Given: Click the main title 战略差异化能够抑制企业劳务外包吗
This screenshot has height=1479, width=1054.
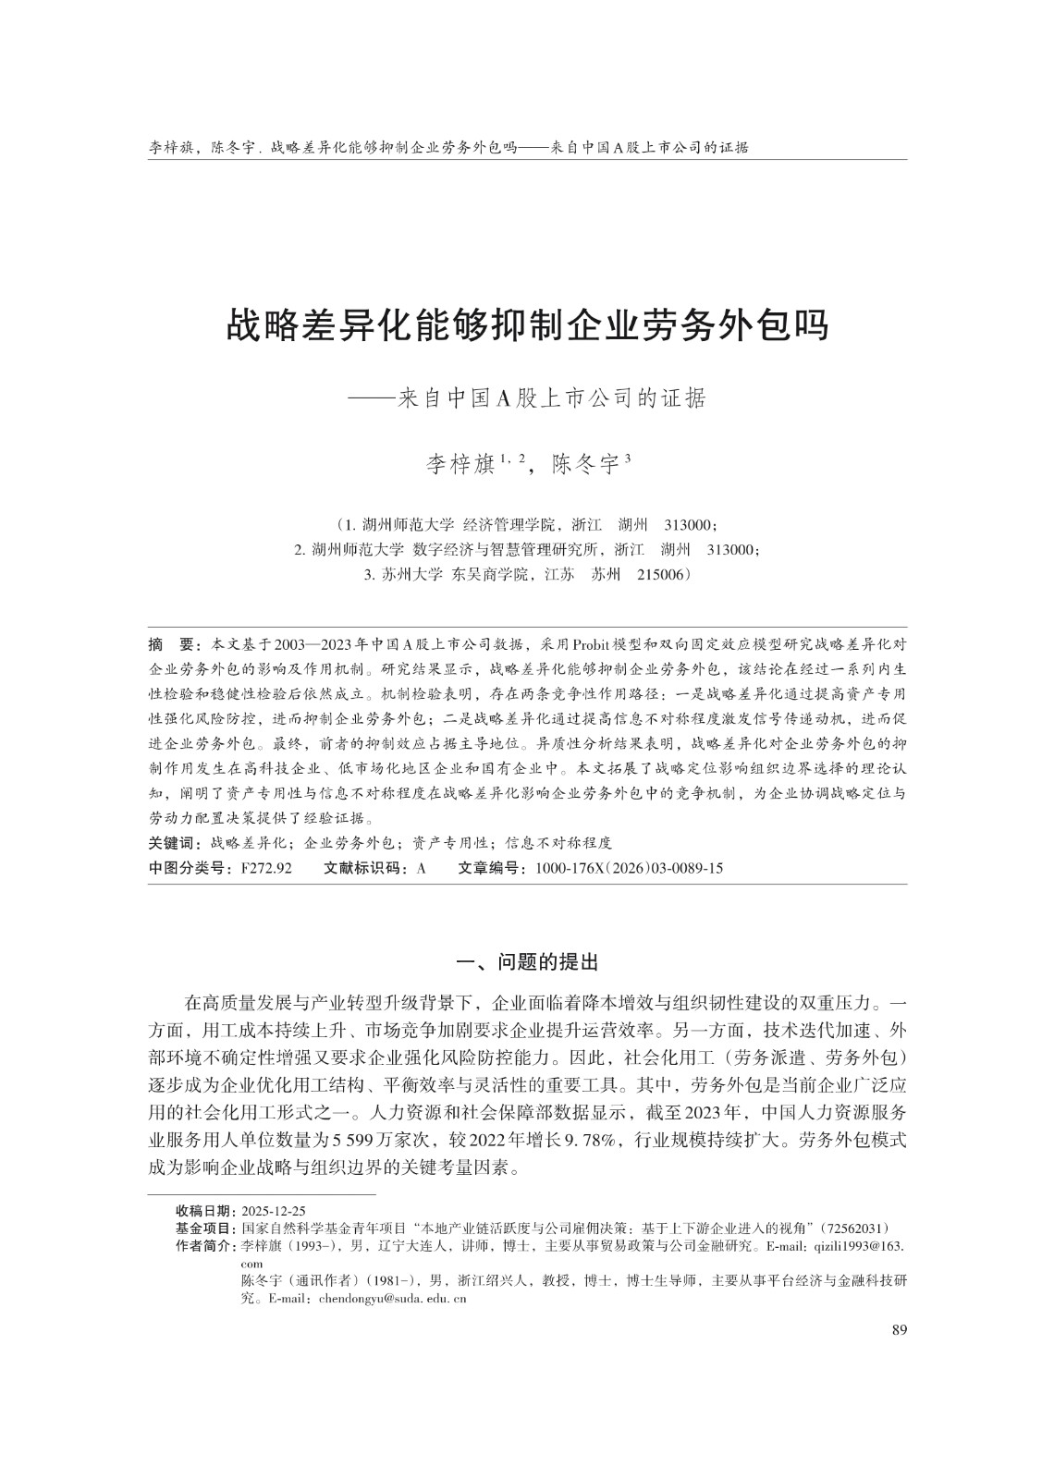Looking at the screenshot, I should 527,325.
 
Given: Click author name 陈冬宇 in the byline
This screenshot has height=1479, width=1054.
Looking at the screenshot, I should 583,463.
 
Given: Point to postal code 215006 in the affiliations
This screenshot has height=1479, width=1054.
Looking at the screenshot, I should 662,574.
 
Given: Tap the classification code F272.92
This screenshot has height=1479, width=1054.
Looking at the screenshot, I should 266,868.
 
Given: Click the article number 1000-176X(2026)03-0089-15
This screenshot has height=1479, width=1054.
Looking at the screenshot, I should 629,868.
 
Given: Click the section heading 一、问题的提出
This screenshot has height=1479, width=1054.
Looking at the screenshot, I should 528,962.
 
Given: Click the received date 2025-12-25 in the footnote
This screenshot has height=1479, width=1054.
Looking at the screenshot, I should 274,1211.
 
